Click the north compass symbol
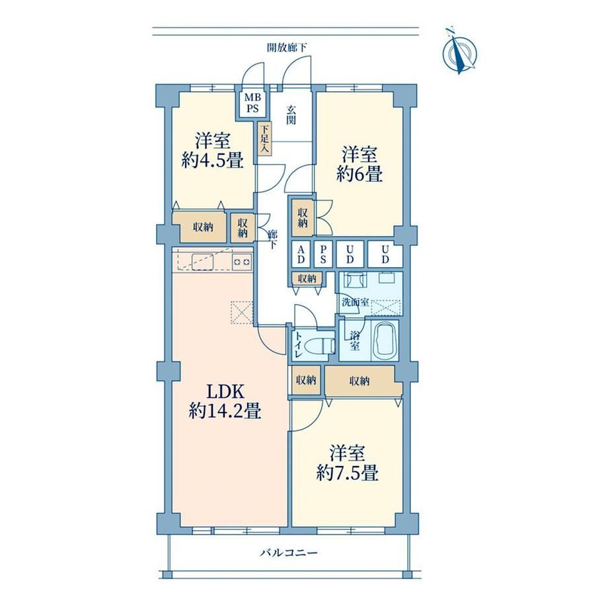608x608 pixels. pyautogui.click(x=460, y=52)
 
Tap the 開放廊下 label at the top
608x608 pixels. pyautogui.click(x=287, y=48)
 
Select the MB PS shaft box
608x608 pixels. pyautogui.click(x=253, y=103)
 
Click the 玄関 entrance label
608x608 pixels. pyautogui.click(x=291, y=115)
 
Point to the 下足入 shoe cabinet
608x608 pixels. pyautogui.click(x=265, y=139)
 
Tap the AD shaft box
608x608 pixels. pyautogui.click(x=301, y=254)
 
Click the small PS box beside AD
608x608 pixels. pyautogui.click(x=323, y=254)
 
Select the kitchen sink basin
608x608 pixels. pyautogui.click(x=203, y=260)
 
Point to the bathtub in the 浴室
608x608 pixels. pyautogui.click(x=385, y=340)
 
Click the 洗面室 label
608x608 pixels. pyautogui.click(x=355, y=302)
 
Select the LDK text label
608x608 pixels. pyautogui.click(x=225, y=392)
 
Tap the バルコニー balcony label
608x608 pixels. pyautogui.click(x=289, y=552)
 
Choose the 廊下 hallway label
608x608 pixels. pyautogui.click(x=273, y=239)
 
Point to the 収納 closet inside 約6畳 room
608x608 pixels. pyautogui.click(x=303, y=218)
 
